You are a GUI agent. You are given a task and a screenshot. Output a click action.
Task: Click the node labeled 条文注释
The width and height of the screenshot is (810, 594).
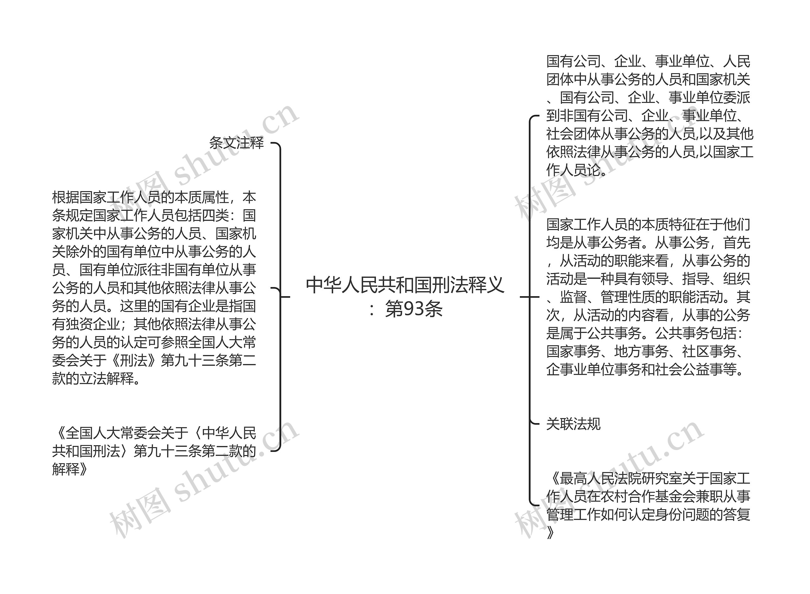(236, 143)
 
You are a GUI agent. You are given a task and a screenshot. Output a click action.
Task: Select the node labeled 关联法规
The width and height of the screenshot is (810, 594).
(573, 424)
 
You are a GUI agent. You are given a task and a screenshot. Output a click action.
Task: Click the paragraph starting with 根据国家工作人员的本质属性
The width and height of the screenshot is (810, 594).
(154, 288)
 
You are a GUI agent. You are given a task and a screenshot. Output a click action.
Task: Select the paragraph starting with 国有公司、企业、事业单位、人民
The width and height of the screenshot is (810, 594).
(649, 116)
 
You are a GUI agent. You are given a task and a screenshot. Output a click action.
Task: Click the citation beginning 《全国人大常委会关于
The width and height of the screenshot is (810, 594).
(154, 451)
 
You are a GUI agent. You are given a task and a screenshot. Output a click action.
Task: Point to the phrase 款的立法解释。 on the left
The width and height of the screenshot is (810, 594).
(97, 378)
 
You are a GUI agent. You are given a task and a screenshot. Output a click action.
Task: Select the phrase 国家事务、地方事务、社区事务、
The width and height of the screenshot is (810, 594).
(645, 351)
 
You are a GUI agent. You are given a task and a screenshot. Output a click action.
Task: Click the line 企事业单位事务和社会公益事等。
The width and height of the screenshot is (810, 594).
(645, 369)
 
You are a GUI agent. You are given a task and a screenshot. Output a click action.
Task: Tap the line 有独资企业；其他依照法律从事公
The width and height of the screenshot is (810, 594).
(154, 324)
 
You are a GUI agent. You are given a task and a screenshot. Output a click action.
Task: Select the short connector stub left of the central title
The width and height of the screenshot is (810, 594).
(285, 297)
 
